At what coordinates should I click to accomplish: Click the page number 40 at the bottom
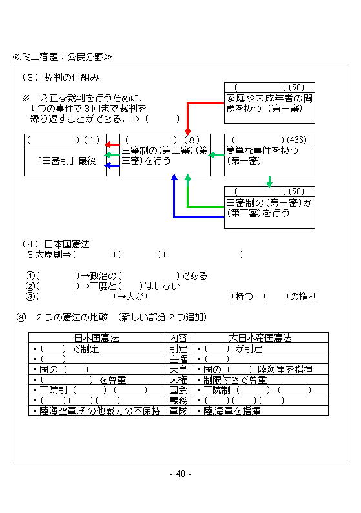click(181, 474)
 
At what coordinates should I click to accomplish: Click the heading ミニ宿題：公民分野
click(62, 57)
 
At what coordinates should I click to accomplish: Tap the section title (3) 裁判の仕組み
click(61, 78)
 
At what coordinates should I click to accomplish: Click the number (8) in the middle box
click(192, 140)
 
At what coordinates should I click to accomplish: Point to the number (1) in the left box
click(92, 140)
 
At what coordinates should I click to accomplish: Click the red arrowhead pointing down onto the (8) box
click(188, 132)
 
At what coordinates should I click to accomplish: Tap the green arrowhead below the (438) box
click(269, 184)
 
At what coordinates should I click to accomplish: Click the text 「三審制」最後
click(67, 161)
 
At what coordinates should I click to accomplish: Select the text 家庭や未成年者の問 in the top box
click(269, 98)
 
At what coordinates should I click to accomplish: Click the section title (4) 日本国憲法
click(56, 244)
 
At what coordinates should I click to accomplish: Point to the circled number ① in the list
click(30, 276)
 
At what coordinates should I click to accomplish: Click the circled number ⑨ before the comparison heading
click(21, 317)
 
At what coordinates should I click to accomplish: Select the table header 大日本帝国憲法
click(260, 338)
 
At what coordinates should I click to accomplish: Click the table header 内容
click(178, 338)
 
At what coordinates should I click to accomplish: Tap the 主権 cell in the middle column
click(178, 359)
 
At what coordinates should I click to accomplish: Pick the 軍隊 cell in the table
click(178, 411)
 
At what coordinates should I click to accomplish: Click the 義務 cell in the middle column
click(178, 400)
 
